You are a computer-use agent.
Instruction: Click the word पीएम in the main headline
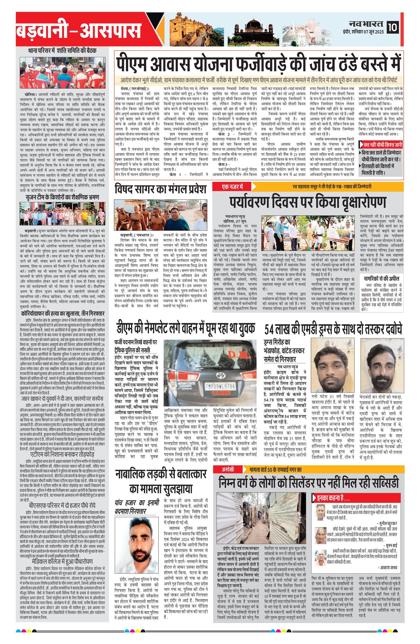pos(131,63)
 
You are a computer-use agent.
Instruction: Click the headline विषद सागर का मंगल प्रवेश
pos(160,189)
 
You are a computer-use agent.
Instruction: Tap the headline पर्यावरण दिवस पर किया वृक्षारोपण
pos(308,203)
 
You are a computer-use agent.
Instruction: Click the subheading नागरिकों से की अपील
pos(381,278)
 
